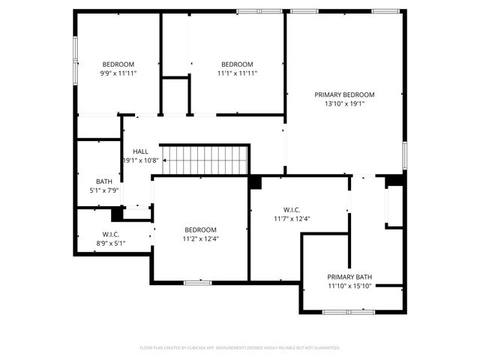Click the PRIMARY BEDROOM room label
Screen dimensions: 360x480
(x=344, y=94)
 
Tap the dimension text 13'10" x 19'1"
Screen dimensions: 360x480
(x=344, y=104)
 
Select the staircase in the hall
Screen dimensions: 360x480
(x=203, y=160)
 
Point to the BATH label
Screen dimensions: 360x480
(x=104, y=181)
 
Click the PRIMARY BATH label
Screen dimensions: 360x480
(x=349, y=277)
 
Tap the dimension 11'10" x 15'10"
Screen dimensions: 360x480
(x=349, y=286)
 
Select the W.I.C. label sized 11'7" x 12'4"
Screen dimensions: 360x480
(x=292, y=209)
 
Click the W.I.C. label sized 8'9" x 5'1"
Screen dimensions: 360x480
(x=110, y=234)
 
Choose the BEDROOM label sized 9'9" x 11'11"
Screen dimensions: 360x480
(x=118, y=64)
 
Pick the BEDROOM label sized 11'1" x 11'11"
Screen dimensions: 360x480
(x=237, y=64)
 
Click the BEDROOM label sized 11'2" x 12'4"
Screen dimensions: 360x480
(x=201, y=229)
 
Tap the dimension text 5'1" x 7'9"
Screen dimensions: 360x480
(x=104, y=191)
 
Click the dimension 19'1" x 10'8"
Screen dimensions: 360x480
(x=140, y=160)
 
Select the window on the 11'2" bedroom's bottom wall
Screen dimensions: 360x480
(x=197, y=283)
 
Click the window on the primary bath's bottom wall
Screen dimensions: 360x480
(x=349, y=311)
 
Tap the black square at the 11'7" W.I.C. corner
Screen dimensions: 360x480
(x=255, y=182)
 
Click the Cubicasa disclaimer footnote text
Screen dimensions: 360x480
(x=240, y=348)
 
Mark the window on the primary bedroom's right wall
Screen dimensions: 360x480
(x=404, y=155)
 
